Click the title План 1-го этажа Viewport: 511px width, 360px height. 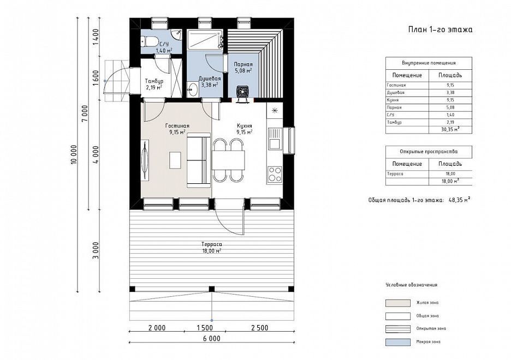click(440, 29)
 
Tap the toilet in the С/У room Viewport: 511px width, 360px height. click(149, 41)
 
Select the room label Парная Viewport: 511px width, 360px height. click(243, 64)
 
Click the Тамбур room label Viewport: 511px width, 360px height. click(154, 81)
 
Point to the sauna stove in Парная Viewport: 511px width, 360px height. click(243, 92)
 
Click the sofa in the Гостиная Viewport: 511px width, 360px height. click(199, 160)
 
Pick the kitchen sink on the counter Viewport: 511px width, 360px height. click(275, 139)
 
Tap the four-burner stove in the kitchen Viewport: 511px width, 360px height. click(275, 174)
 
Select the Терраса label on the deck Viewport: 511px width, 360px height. click(211, 244)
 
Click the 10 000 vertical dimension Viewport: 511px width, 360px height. click(74, 154)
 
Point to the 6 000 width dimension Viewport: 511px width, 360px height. click(212, 339)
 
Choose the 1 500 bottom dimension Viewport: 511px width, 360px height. click(205, 328)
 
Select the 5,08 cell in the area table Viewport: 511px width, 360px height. click(450, 107)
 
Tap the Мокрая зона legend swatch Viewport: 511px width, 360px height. click(398, 342)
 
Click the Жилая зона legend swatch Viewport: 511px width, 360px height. click(398, 303)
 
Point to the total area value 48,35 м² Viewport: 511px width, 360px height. click(459, 200)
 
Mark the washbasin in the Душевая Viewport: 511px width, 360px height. click(193, 89)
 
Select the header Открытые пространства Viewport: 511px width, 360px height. click(429, 152)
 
